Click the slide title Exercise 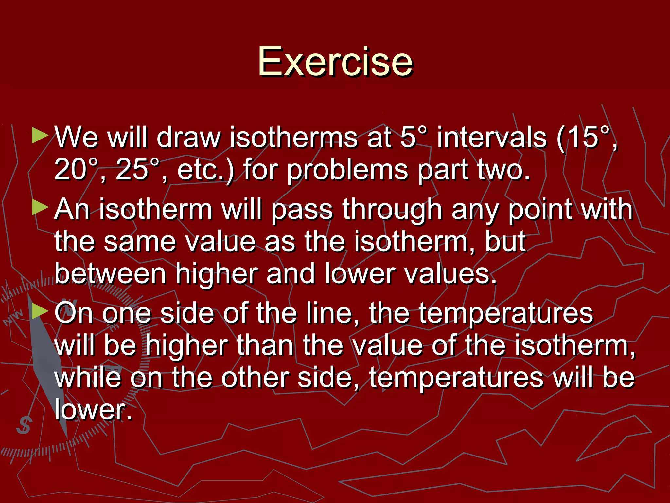coord(335,62)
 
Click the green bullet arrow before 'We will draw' coord(40,136)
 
